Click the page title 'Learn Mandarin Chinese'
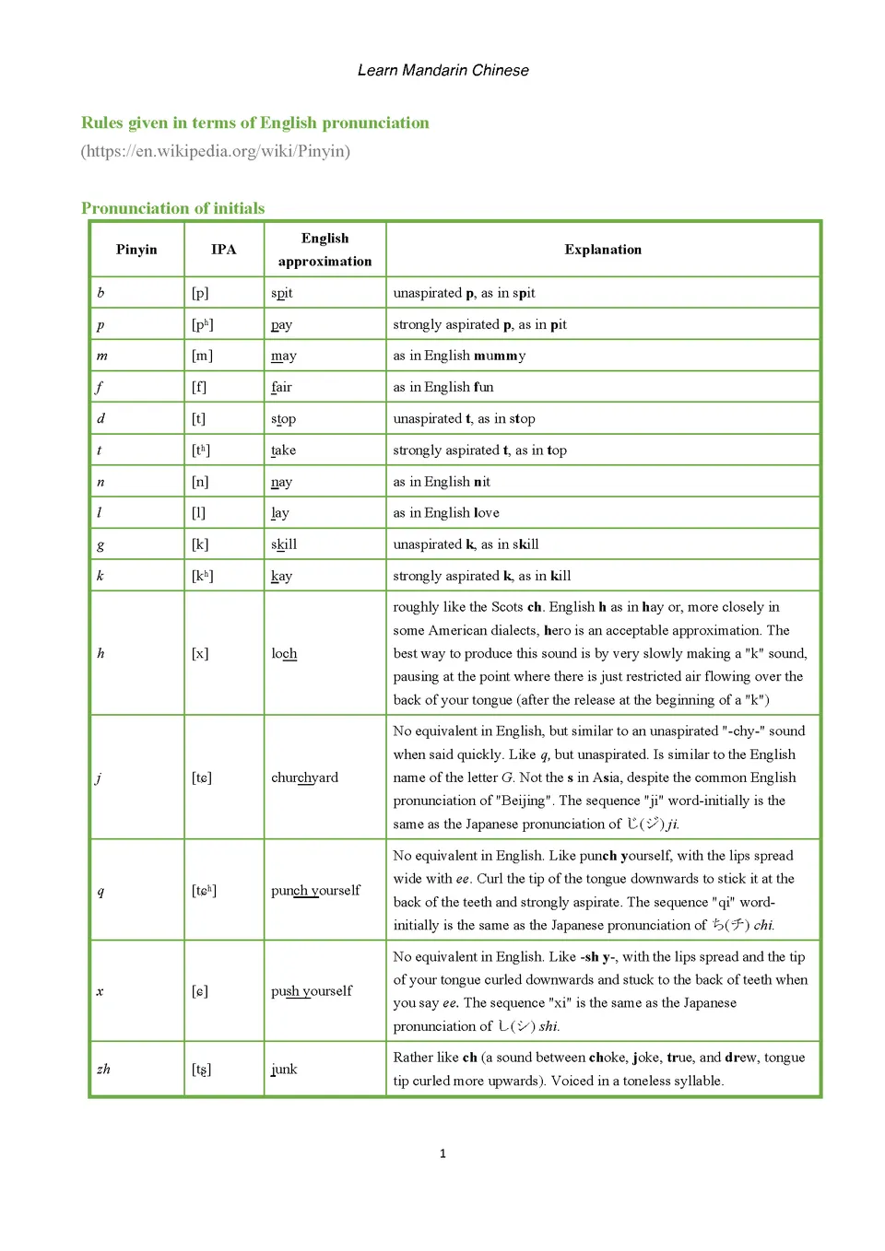[442, 70]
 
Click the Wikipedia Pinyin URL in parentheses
[216, 151]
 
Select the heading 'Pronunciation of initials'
[172, 208]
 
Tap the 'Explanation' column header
[603, 250]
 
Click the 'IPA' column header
[223, 250]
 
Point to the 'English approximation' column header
[324, 250]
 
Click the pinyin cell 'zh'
[103, 1069]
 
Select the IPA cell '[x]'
[200, 653]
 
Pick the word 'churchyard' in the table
[304, 777]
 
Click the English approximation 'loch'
[284, 653]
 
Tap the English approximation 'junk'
[284, 1069]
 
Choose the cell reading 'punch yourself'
[315, 890]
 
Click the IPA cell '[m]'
[202, 356]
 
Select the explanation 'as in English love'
[446, 513]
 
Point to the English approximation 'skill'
[284, 544]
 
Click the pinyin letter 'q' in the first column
[100, 891]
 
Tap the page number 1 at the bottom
[442, 1153]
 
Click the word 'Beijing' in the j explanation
[524, 801]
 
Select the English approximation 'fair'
[281, 387]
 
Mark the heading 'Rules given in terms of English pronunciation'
[255, 123]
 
